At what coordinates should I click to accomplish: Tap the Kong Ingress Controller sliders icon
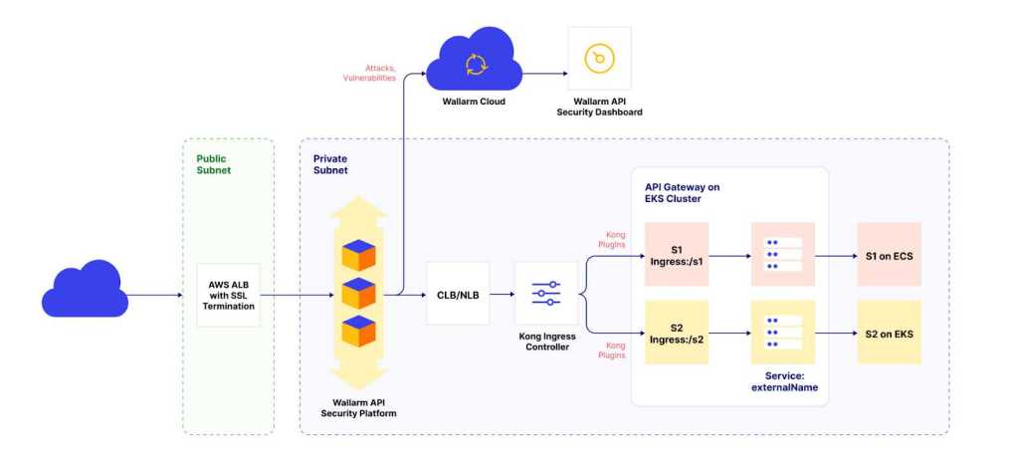tap(545, 294)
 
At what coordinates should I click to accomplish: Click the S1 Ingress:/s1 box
tap(676, 255)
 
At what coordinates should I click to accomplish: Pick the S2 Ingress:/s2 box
tap(676, 332)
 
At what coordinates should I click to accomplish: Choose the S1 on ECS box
tap(889, 255)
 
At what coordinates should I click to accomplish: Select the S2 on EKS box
tap(889, 332)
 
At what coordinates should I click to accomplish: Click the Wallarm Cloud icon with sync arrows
tap(475, 64)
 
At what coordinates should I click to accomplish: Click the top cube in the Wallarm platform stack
tap(358, 256)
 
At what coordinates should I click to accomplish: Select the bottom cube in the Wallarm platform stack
tap(358, 332)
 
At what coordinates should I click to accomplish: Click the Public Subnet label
tap(213, 164)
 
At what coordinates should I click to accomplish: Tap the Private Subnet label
tap(331, 164)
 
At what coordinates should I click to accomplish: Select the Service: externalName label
tap(783, 381)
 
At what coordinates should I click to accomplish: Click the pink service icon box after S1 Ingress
tap(783, 255)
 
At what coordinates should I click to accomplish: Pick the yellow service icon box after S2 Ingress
tap(783, 332)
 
